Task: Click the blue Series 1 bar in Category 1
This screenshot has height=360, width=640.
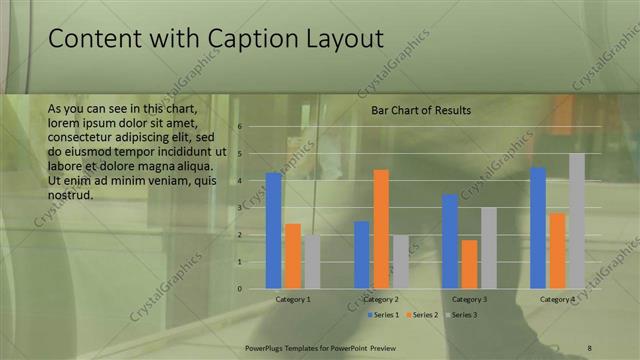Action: click(273, 231)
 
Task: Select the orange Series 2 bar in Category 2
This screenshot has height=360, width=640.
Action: click(381, 229)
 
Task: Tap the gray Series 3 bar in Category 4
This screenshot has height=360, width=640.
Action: click(577, 221)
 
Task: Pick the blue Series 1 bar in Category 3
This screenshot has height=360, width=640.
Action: click(450, 241)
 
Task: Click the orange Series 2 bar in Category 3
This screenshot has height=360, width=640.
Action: click(469, 264)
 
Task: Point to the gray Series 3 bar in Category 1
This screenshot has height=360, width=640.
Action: click(312, 262)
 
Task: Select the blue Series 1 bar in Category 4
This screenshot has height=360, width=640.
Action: click(538, 228)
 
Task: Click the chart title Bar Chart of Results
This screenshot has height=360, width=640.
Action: click(421, 110)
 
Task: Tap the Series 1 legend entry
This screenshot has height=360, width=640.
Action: click(384, 315)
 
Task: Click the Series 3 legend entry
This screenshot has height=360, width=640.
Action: click(462, 315)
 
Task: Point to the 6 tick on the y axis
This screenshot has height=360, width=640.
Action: click(241, 127)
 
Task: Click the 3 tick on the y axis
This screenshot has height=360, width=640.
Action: click(241, 208)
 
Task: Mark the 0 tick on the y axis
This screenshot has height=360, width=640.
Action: click(241, 289)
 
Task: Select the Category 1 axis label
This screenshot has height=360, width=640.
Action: click(293, 299)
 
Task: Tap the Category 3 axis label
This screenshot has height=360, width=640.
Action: click(469, 299)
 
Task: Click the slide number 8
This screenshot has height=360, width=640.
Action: click(589, 347)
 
